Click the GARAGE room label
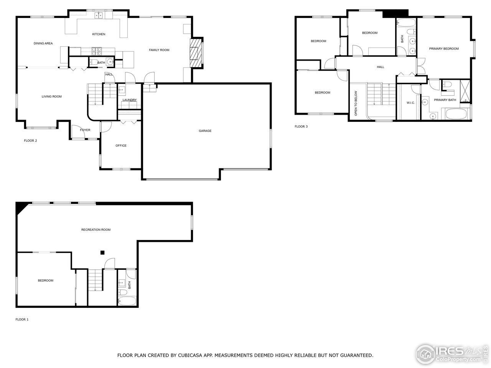point(205,131)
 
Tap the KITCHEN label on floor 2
point(99,34)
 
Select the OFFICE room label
point(121,146)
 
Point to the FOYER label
point(85,130)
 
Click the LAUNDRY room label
point(129,100)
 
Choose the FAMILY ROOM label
point(159,50)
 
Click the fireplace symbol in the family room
point(196,53)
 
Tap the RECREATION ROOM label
point(96,230)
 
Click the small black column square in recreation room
point(102,252)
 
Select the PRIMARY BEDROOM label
point(444,49)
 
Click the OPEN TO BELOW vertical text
point(356,103)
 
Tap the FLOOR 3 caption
point(301,127)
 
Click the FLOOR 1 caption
point(22,319)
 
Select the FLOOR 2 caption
point(30,141)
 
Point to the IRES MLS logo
point(453,353)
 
